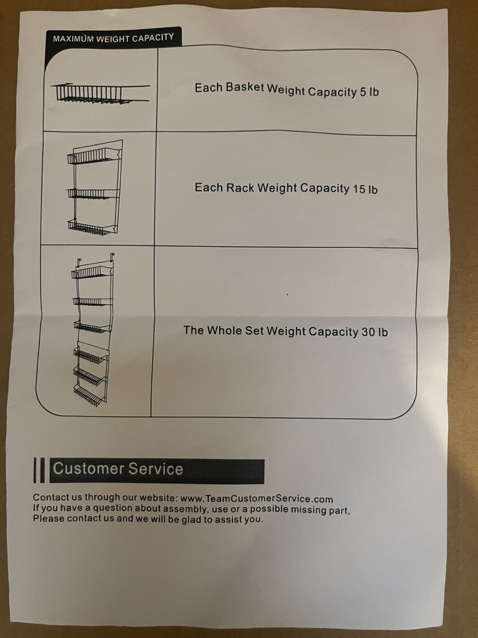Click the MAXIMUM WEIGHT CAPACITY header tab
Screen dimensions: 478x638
pyautogui.click(x=113, y=38)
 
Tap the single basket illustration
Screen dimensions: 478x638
pyautogui.click(x=100, y=93)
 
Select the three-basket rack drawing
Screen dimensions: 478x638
pyautogui.click(x=95, y=187)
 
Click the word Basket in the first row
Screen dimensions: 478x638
pyautogui.click(x=245, y=87)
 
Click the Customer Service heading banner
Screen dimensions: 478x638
pyautogui.click(x=157, y=469)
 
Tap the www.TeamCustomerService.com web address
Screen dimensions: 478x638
pyautogui.click(x=257, y=499)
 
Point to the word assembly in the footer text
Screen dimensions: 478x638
pyautogui.click(x=185, y=509)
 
